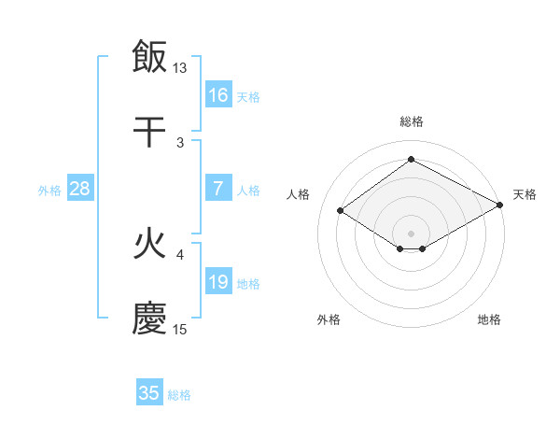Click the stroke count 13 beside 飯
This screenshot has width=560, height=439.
[x=180, y=68]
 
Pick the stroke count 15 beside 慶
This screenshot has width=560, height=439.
[x=180, y=330]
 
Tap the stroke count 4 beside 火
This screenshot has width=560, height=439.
[x=180, y=253]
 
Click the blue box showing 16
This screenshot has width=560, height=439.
[x=218, y=94]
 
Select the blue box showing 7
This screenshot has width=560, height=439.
[x=218, y=189]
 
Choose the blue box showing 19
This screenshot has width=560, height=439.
[x=218, y=282]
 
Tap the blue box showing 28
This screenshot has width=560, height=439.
[x=80, y=189]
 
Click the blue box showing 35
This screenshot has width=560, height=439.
[x=149, y=393]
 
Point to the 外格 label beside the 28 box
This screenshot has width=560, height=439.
[x=49, y=191]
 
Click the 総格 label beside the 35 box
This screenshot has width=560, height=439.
[x=179, y=395]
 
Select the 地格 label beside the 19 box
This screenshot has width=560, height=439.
[x=248, y=284]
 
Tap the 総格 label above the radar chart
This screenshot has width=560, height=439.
[x=411, y=121]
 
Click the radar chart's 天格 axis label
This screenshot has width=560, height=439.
[x=525, y=194]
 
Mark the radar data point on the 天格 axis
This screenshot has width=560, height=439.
[x=501, y=205]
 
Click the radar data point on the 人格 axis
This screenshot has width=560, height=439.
[x=341, y=211]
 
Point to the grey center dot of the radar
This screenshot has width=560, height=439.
[x=411, y=233]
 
